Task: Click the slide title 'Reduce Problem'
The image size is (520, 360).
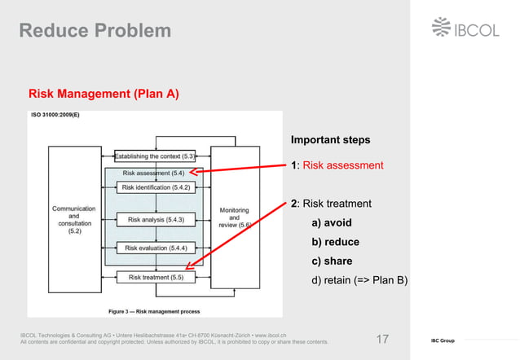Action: (x=95, y=31)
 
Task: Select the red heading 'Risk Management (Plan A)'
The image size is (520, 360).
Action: (x=104, y=94)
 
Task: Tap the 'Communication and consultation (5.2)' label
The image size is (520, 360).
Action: (x=74, y=220)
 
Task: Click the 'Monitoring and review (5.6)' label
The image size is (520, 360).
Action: (x=235, y=217)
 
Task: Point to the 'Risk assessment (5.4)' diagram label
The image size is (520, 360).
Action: (x=153, y=173)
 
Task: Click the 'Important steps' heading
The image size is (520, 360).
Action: (x=330, y=139)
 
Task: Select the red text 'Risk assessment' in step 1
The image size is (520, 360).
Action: (x=342, y=165)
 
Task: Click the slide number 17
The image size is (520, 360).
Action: (x=384, y=339)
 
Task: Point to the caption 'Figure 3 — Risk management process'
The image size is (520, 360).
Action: (x=156, y=311)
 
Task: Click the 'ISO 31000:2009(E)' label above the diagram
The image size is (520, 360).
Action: (x=55, y=116)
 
